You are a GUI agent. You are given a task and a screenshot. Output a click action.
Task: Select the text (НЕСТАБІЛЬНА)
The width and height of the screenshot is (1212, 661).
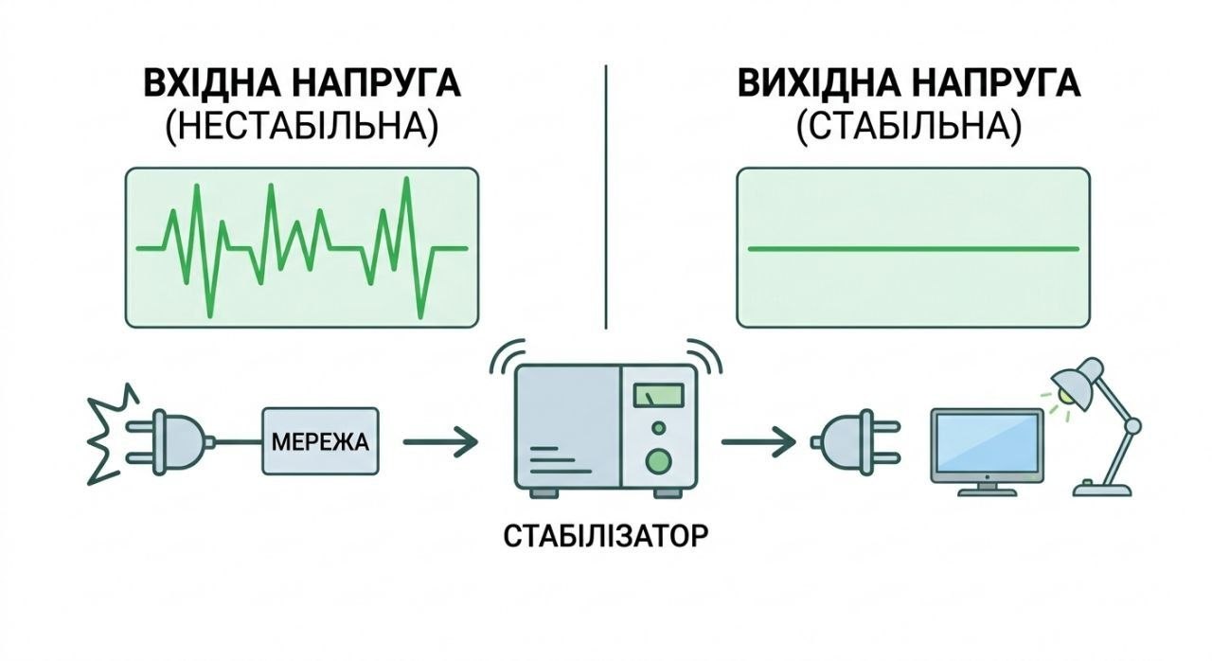coord(302,129)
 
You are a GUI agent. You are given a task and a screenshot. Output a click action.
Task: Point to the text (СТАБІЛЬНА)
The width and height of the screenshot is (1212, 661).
coord(909,129)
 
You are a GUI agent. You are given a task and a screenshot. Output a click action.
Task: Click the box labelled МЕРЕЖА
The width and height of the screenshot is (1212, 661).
coord(321,441)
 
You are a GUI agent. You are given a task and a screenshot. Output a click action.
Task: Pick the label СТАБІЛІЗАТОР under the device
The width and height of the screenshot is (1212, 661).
coord(605,537)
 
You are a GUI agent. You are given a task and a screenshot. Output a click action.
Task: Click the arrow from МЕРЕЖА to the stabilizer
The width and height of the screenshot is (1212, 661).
coord(440,441)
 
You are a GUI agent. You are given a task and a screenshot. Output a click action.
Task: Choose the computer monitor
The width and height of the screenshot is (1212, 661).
coord(986,445)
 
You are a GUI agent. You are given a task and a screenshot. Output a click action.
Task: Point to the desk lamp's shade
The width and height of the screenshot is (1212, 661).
coord(1078,379)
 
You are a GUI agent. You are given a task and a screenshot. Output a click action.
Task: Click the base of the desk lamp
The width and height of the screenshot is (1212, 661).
coord(1102,488)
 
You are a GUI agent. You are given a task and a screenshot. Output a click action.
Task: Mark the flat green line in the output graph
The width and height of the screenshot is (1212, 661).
coord(913,249)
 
